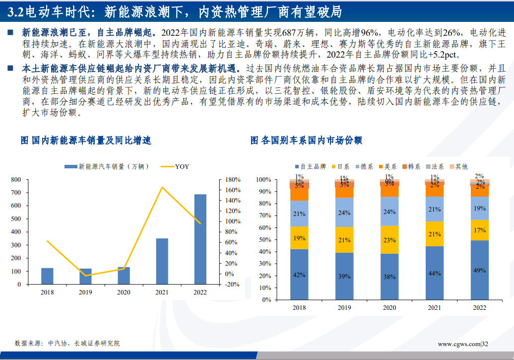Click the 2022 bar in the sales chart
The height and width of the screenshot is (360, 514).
click(x=200, y=239)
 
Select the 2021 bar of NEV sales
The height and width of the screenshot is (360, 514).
click(x=162, y=261)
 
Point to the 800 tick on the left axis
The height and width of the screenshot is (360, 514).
click(x=16, y=179)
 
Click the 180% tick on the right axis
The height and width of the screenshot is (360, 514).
click(x=233, y=179)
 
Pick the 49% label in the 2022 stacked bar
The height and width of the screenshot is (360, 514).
click(x=479, y=270)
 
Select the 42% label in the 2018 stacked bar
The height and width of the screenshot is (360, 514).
click(x=299, y=275)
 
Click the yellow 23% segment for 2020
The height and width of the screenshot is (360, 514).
click(x=389, y=240)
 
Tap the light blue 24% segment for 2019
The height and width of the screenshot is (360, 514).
click(x=344, y=213)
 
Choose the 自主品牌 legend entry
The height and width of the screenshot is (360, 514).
click(x=310, y=167)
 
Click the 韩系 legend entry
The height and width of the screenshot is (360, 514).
click(x=411, y=167)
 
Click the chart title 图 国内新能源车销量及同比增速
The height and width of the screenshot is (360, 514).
click(x=86, y=141)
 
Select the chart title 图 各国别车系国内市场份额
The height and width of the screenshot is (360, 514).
click(x=306, y=141)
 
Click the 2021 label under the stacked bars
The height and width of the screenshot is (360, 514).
click(x=434, y=308)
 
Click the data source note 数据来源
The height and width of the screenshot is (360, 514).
click(x=67, y=343)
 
